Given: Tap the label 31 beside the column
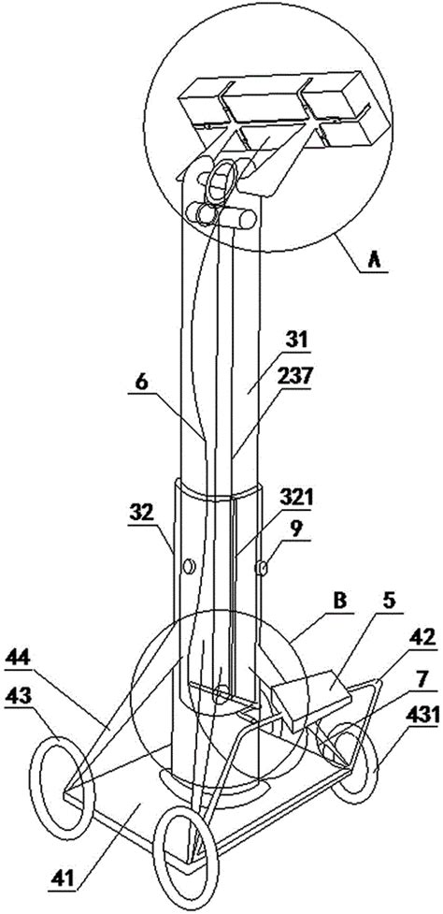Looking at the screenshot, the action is [295, 340].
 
